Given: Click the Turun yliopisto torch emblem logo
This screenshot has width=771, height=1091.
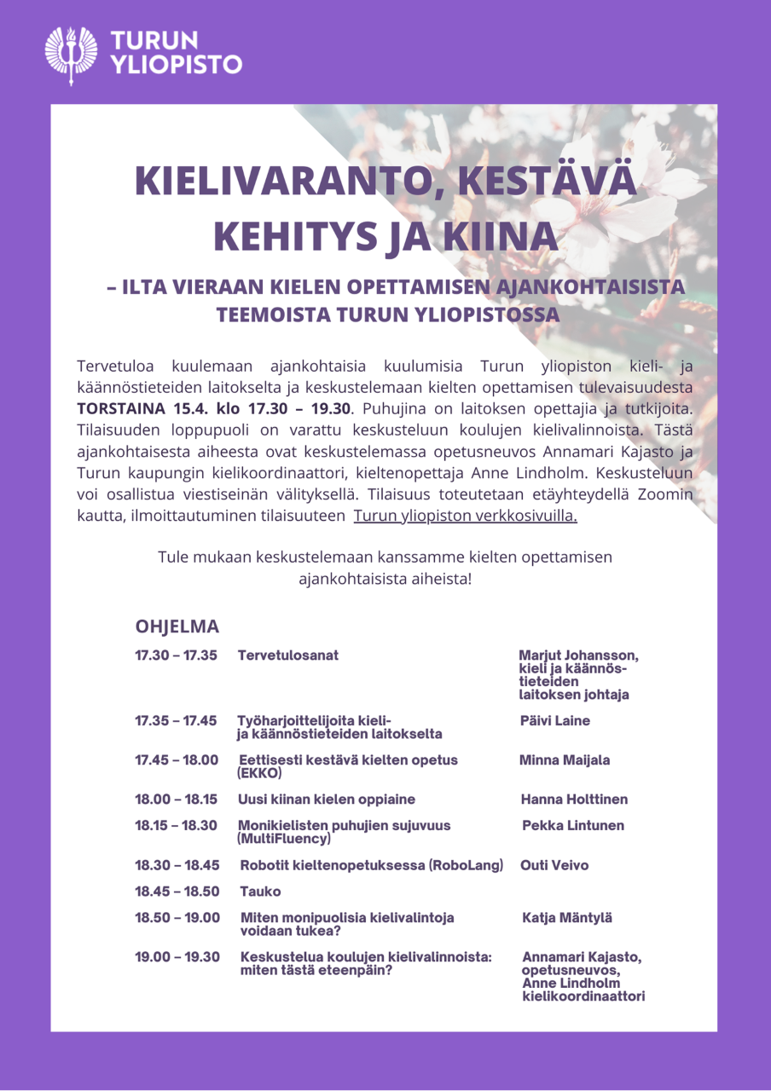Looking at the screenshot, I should (72, 54).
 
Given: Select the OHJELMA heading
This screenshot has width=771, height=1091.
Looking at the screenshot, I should (177, 626).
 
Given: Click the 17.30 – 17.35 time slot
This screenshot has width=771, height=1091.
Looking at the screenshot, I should (176, 655).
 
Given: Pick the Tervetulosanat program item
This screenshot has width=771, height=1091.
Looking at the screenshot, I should (288, 655).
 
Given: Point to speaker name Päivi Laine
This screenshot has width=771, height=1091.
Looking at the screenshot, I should (555, 721).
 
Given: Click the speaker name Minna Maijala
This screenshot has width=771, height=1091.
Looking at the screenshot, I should (565, 760).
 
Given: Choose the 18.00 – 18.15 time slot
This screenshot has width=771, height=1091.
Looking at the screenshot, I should (176, 799).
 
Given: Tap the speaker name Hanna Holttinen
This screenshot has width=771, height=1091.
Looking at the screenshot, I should (574, 799).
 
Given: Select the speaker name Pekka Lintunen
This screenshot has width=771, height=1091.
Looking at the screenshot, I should (573, 826).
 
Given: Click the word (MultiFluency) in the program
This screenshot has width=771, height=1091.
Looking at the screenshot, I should (285, 839).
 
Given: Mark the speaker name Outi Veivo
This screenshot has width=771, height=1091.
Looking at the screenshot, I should (554, 865).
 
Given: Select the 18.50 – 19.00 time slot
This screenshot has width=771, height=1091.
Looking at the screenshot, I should (177, 918).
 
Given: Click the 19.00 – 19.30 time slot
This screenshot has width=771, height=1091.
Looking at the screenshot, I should (177, 957).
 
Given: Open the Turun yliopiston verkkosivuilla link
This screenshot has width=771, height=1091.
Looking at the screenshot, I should (465, 516).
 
